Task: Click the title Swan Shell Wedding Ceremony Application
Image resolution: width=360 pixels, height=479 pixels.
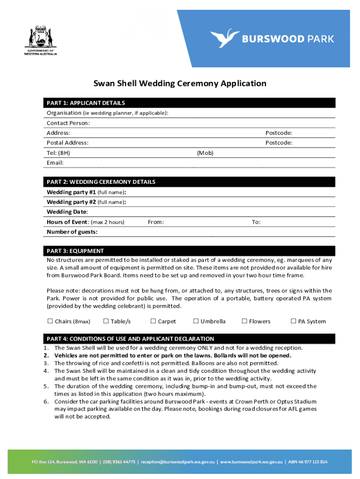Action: pos(180,84)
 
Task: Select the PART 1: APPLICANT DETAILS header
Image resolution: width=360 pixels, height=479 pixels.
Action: pos(86,103)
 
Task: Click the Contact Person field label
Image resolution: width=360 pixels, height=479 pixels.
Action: pos(68,123)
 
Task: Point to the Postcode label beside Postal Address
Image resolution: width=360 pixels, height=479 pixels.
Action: pos(279,143)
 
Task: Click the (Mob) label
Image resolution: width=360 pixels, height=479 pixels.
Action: pos(205,152)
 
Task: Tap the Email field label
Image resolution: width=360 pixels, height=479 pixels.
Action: pos(55,163)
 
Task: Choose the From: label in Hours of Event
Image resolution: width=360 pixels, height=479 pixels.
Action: pos(156,222)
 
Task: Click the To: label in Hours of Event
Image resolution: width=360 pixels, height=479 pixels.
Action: pos(256,222)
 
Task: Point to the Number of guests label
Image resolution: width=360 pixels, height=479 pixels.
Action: pos(72,232)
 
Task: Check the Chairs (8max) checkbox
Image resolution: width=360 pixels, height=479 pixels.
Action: pos(50,321)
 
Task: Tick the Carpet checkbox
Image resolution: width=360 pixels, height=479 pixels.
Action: pos(153,321)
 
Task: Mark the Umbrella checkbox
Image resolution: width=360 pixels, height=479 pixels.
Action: pos(196,321)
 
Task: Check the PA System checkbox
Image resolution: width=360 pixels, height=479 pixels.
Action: pos(294,321)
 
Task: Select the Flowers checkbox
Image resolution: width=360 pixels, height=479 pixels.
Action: pos(244,321)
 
